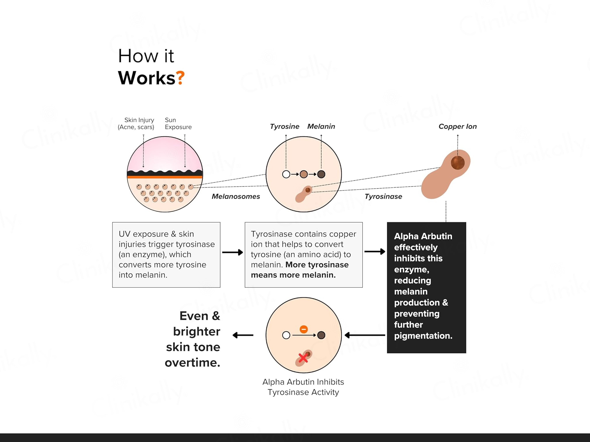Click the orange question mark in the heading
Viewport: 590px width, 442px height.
(181, 78)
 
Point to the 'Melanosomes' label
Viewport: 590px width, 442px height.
(236, 196)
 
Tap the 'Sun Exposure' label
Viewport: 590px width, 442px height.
(178, 123)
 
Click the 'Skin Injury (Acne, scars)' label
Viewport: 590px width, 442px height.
(136, 123)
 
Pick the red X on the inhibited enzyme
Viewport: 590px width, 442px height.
(303, 358)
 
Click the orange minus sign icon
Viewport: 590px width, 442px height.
(304, 329)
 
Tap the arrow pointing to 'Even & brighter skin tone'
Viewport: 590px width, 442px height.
(243, 335)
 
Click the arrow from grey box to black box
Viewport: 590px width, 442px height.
(375, 251)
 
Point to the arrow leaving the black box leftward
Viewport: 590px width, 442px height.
(364, 335)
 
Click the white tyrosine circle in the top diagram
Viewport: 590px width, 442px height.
(286, 174)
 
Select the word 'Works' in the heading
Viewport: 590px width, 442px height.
(146, 78)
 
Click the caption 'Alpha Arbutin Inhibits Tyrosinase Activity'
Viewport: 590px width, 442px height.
(303, 387)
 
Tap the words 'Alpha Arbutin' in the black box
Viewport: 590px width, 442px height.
(423, 236)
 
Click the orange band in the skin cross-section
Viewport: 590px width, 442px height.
(165, 177)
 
